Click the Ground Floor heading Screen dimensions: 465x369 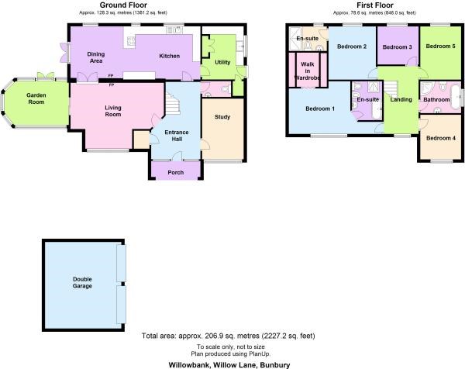click(123, 5)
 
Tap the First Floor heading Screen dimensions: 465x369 click(375, 5)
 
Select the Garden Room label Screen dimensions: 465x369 click(36, 98)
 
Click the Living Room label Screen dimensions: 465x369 click(113, 111)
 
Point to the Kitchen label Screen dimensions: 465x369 click(169, 56)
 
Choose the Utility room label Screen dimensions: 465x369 click(222, 62)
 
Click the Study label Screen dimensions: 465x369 click(222, 117)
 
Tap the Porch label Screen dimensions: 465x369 click(176, 172)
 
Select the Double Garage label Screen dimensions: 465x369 click(82, 283)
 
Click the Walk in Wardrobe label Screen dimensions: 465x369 click(308, 71)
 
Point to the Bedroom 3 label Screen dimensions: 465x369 click(397, 47)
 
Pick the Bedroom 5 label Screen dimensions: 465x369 click(440, 46)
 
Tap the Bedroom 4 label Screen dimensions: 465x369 click(441, 138)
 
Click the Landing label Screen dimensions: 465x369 click(401, 99)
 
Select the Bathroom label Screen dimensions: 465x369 click(436, 100)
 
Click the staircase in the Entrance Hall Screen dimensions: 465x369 click(172, 103)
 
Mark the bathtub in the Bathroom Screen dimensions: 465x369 click(455, 98)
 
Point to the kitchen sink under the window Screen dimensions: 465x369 click(174, 29)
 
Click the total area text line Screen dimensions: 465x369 click(229, 336)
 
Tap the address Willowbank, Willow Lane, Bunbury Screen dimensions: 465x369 click(229, 364)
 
